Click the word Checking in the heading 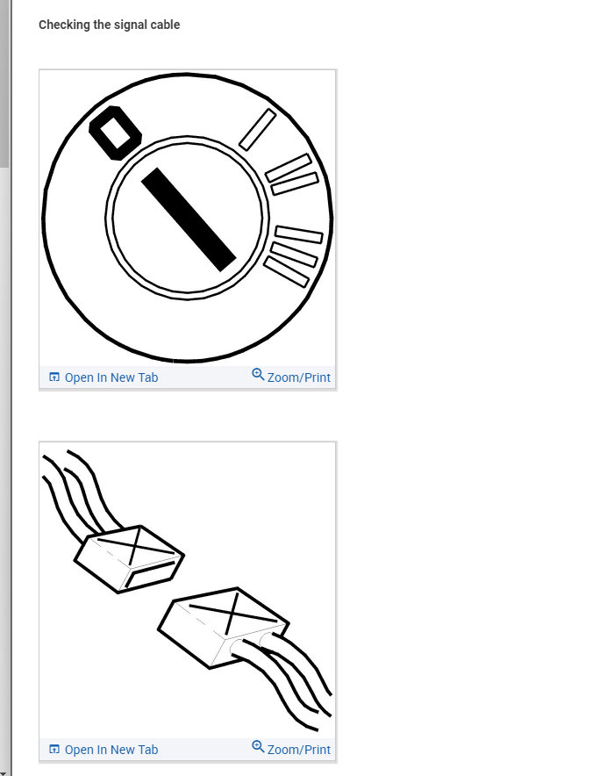[x=64, y=25]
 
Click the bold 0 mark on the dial [x=116, y=133]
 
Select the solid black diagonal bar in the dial [x=189, y=219]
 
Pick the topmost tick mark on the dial [x=257, y=130]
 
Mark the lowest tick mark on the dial [x=286, y=272]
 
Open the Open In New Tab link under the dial [x=111, y=377]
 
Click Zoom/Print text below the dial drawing [x=299, y=377]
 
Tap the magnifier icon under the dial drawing [x=258, y=375]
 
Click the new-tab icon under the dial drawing [x=54, y=377]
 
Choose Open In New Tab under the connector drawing [x=111, y=750]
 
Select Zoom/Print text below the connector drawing [x=299, y=750]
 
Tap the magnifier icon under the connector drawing [x=258, y=747]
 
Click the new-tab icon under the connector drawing [x=54, y=750]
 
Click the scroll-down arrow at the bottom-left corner [x=4, y=772]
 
